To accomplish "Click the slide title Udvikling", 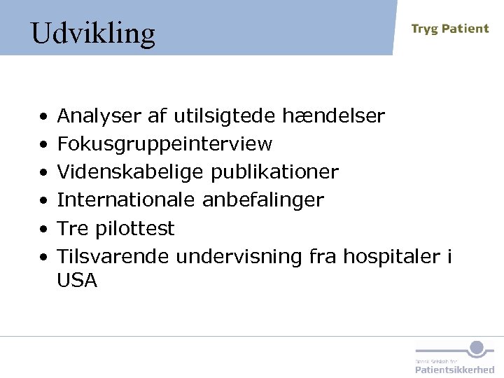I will (x=92, y=33).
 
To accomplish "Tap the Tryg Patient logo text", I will (x=449, y=29).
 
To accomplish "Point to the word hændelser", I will (x=333, y=115).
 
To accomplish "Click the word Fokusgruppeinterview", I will (x=164, y=144).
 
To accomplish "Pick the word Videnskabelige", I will (x=131, y=172).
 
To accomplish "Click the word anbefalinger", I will (x=263, y=200).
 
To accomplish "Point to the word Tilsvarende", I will (x=113, y=256).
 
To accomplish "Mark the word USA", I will (x=77, y=281).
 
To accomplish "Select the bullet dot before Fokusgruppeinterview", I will (x=43, y=145).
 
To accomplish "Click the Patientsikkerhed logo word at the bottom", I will (x=454, y=369).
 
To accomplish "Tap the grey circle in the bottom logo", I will (x=477, y=347).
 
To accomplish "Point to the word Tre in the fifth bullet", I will (x=72, y=228).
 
